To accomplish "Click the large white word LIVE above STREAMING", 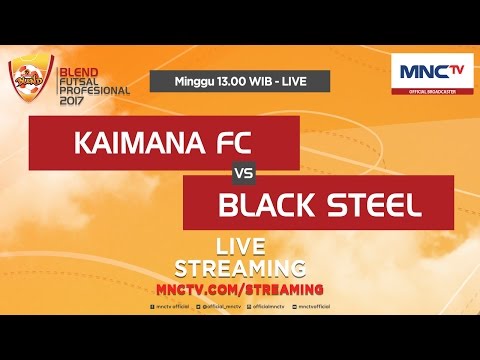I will (x=241, y=247).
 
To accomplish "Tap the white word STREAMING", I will (x=241, y=268).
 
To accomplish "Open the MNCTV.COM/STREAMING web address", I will (x=241, y=288).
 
